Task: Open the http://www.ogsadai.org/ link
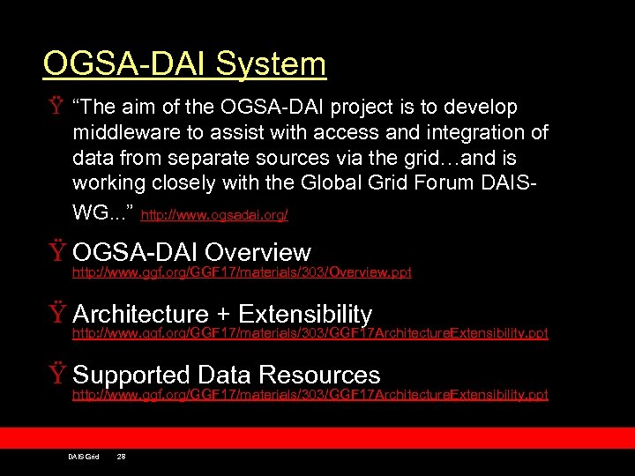point(214,215)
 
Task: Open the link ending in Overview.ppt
point(241,273)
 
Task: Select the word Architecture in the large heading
point(140,314)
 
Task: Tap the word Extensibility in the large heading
point(305,314)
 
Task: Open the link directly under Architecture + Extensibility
point(310,334)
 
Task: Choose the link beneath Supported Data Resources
point(310,395)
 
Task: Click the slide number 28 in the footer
point(122,457)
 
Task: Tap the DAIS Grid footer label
point(83,457)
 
